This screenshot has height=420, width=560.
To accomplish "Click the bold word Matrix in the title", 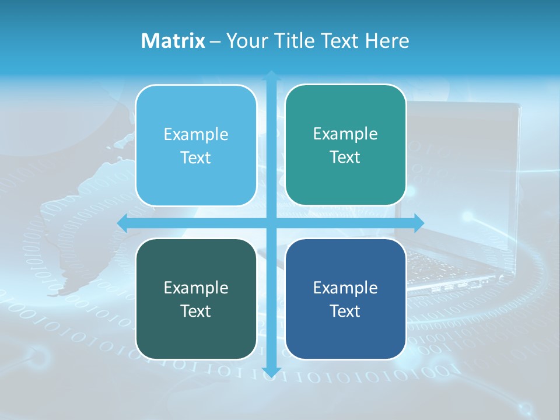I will click(173, 41).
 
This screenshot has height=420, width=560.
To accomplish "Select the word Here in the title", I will click(387, 41).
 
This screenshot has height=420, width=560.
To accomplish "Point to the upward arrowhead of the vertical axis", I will click(271, 75).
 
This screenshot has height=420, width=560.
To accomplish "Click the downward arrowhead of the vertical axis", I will click(271, 372).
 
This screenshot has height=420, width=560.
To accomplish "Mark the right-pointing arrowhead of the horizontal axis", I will click(419, 223).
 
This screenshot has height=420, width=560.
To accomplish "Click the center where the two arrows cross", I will click(271, 223).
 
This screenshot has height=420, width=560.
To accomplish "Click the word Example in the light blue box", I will click(196, 134).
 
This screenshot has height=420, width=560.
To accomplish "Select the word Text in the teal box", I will click(345, 157).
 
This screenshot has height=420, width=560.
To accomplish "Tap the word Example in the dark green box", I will click(196, 288).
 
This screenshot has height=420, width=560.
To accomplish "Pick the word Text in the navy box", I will click(345, 311).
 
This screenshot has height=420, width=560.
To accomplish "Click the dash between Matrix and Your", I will click(215, 41).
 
